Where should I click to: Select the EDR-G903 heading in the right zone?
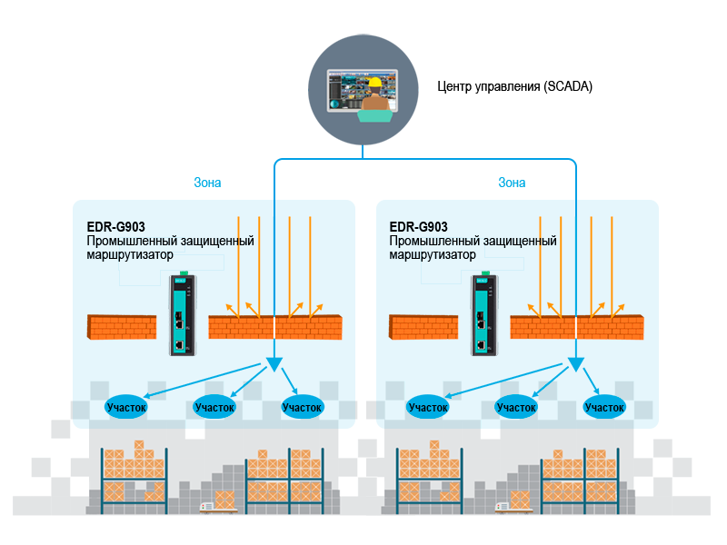click(x=418, y=227)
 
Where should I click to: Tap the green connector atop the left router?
click(x=183, y=272)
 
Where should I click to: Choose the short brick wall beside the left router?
click(x=122, y=328)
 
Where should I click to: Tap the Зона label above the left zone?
click(x=207, y=182)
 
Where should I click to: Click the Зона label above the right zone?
click(x=512, y=182)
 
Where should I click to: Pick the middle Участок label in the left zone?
click(x=215, y=408)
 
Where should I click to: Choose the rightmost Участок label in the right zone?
click(x=604, y=408)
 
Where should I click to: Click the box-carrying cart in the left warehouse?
click(x=218, y=501)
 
